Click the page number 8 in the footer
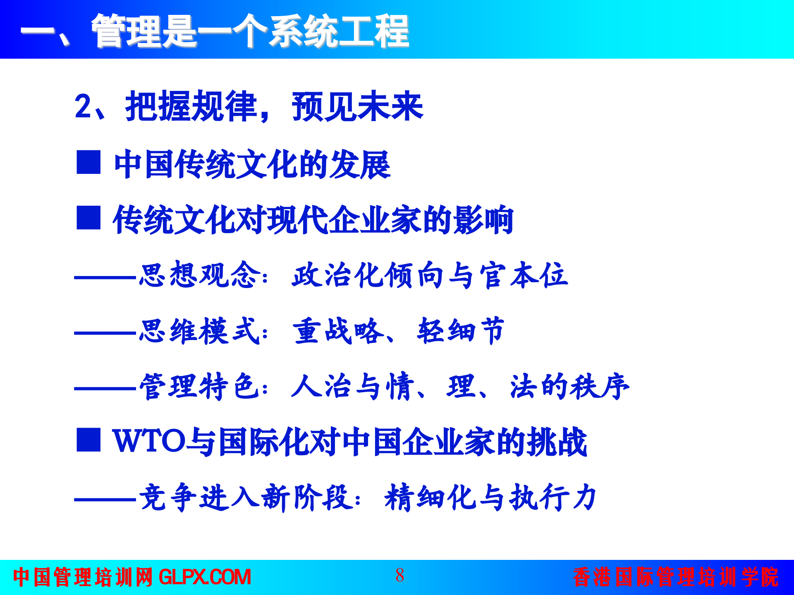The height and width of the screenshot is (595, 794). pyautogui.click(x=399, y=575)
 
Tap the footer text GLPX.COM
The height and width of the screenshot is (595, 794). pyautogui.click(x=205, y=577)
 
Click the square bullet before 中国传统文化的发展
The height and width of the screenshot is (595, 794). pyautogui.click(x=88, y=162)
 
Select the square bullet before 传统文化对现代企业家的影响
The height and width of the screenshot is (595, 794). pyautogui.click(x=88, y=217)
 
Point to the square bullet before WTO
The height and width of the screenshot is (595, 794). pyautogui.click(x=88, y=440)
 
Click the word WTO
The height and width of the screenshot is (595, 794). pyautogui.click(x=149, y=441)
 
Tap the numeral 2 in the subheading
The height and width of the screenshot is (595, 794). pyautogui.click(x=83, y=107)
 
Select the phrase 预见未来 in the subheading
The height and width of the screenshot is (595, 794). pyautogui.click(x=357, y=107)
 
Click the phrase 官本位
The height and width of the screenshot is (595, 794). pyautogui.click(x=524, y=275)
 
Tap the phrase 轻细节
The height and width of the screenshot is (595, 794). pyautogui.click(x=461, y=331)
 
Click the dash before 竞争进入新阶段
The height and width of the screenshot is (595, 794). pyautogui.click(x=105, y=500)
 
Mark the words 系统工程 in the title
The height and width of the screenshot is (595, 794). pyautogui.click(x=339, y=31)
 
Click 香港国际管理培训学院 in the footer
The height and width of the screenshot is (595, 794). pyautogui.click(x=676, y=577)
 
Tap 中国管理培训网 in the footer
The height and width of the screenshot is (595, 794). pyautogui.click(x=83, y=577)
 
